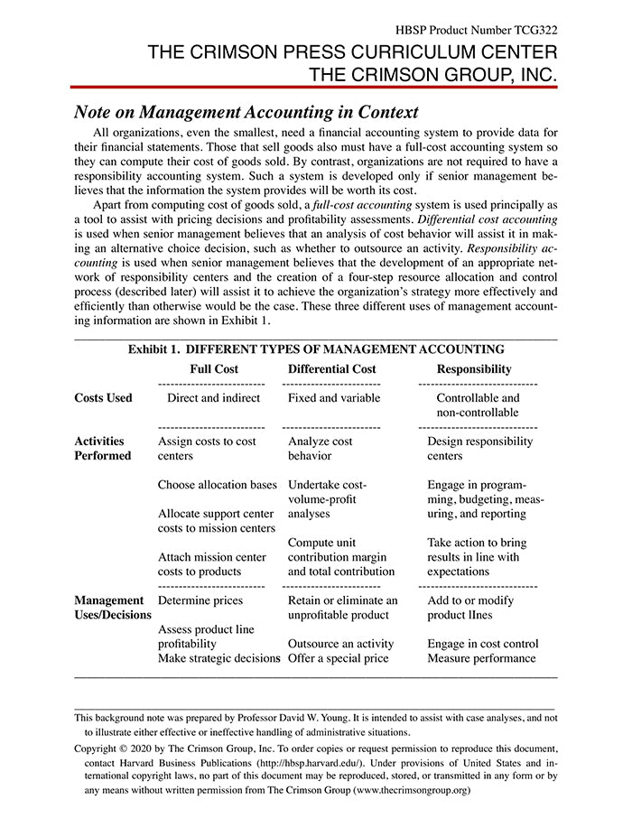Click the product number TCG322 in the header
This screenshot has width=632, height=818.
tap(533, 16)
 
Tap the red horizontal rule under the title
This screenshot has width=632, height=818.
tap(313, 88)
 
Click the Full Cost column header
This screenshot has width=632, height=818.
tap(214, 369)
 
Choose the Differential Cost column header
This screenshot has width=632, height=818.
tap(331, 369)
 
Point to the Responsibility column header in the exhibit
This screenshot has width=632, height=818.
tap(474, 369)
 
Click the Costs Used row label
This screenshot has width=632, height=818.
tap(103, 398)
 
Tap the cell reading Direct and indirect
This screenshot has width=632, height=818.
tap(214, 398)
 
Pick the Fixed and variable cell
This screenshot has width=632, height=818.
tap(334, 398)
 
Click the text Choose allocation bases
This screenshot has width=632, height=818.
tap(217, 485)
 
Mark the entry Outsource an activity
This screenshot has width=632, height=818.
tap(340, 644)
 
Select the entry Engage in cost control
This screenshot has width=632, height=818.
tap(483, 644)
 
